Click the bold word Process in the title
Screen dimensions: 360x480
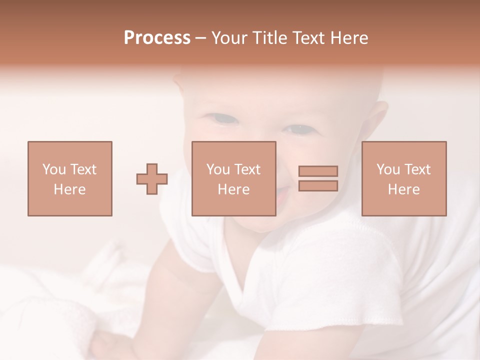pyautogui.click(x=157, y=38)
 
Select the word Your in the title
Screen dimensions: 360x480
pyautogui.click(x=230, y=38)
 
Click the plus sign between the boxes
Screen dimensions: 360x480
pyautogui.click(x=152, y=179)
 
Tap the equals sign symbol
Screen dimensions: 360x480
pyautogui.click(x=318, y=178)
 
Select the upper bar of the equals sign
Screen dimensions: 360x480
pyautogui.click(x=318, y=171)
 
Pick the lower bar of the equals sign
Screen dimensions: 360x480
pyautogui.click(x=318, y=185)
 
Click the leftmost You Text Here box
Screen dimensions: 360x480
pyautogui.click(x=69, y=178)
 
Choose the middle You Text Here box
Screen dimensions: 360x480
pyautogui.click(x=233, y=178)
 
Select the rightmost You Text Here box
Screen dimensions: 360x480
pyautogui.click(x=403, y=178)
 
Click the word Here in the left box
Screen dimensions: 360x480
pyautogui.click(x=69, y=189)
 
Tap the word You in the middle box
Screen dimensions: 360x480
pyautogui.click(x=218, y=169)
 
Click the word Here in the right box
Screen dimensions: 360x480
pyautogui.click(x=403, y=189)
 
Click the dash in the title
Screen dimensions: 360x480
pyautogui.click(x=201, y=38)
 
